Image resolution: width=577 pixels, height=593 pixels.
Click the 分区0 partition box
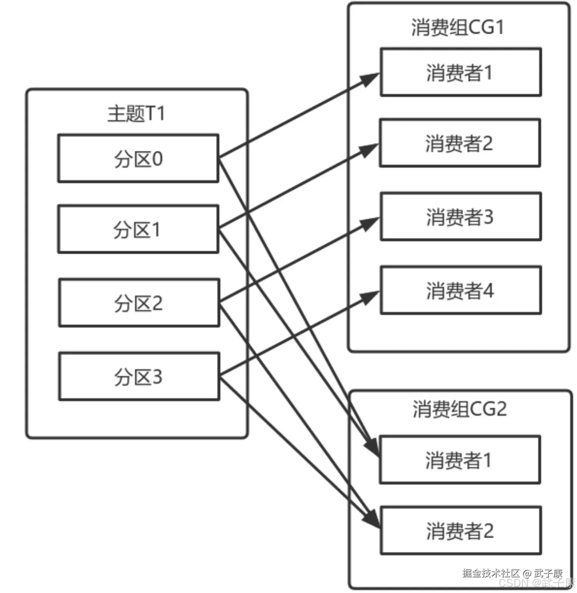(x=138, y=158)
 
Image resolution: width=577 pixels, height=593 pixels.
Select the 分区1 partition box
(x=138, y=229)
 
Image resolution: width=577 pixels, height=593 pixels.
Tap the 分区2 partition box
(x=139, y=303)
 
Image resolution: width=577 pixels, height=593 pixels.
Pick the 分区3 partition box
(x=139, y=376)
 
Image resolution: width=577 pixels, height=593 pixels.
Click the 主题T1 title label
(x=136, y=114)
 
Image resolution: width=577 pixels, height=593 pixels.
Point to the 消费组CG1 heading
(x=457, y=27)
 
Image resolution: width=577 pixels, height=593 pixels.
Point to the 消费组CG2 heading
(x=459, y=409)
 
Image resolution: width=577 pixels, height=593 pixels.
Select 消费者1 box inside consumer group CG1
(x=460, y=72)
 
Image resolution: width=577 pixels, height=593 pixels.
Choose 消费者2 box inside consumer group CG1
(x=460, y=143)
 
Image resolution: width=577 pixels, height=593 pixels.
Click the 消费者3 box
(x=460, y=217)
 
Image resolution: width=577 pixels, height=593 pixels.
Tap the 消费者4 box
(x=460, y=290)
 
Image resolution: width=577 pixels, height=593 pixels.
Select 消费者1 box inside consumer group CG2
(x=460, y=460)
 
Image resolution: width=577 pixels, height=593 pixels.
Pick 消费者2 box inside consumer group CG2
(x=460, y=531)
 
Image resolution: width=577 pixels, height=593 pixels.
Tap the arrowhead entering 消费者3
(x=370, y=223)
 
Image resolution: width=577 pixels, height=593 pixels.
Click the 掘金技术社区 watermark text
(x=491, y=573)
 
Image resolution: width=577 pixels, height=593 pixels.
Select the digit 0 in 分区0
(x=157, y=159)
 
